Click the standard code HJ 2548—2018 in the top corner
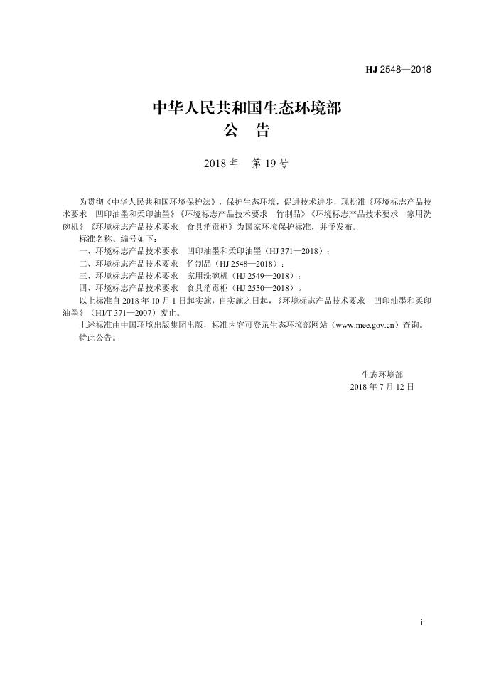(398, 70)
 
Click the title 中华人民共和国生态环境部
(247, 109)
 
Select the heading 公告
(247, 132)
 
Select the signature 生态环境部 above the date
(382, 374)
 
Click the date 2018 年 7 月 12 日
(382, 386)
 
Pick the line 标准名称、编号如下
(112, 240)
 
